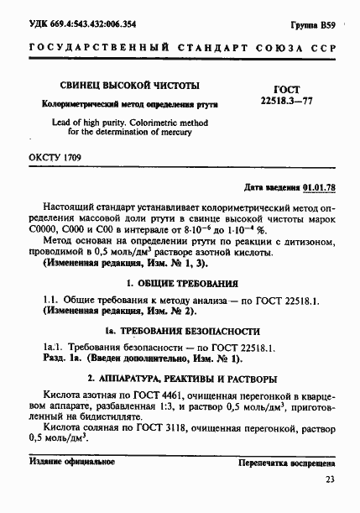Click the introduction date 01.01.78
[x=320, y=187]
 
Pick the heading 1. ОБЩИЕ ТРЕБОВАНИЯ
[x=180, y=283]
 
